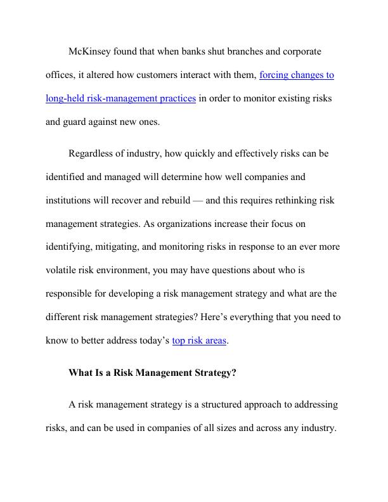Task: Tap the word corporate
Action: pos(299,51)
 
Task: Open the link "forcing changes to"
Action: pos(297,75)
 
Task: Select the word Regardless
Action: pos(94,153)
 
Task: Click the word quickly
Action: pos(201,153)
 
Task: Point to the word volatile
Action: pos(62,270)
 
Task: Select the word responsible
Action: pos(72,293)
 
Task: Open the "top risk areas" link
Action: pos(199,340)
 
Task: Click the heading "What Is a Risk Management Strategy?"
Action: pos(152,373)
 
